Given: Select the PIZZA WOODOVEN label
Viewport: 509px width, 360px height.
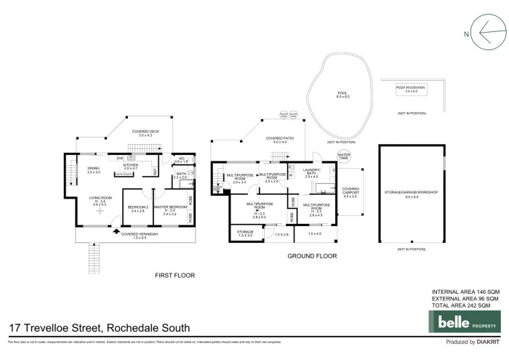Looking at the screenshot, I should click(x=411, y=89).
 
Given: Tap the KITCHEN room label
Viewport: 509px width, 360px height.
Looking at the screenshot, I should click(x=131, y=166).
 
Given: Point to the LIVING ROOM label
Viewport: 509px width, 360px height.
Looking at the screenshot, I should click(x=100, y=200).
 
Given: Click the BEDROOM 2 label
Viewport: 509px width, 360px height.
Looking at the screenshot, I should click(x=137, y=209).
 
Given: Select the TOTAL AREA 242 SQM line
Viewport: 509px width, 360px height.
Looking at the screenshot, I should click(x=465, y=305).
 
